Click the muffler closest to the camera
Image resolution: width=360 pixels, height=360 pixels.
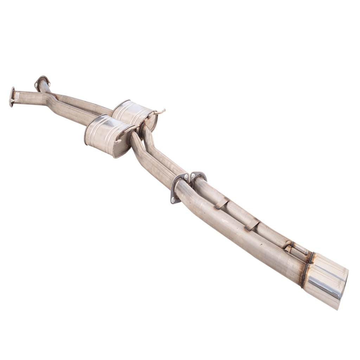click(105, 135)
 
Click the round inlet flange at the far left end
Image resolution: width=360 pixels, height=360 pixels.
click(12, 97)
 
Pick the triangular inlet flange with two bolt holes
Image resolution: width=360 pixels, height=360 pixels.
click(42, 82)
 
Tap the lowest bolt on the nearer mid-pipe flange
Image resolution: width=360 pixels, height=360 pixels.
click(173, 200)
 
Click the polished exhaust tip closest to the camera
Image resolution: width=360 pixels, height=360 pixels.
click(325, 287)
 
